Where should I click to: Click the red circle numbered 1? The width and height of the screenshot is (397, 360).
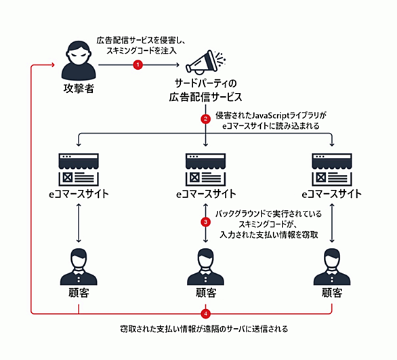[138, 65]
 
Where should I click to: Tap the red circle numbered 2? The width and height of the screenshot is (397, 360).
[205, 119]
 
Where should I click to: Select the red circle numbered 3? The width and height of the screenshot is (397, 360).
[205, 222]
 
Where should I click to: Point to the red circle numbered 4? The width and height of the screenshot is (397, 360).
[205, 314]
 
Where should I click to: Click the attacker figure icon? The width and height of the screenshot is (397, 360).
[79, 60]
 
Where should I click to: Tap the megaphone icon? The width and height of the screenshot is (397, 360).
[205, 62]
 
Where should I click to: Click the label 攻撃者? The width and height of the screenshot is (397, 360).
[79, 88]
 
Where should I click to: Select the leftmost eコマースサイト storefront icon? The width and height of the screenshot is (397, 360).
[79, 169]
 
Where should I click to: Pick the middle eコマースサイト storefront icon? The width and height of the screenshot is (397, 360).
[205, 169]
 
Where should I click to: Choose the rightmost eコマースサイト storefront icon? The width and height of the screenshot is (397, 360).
[332, 169]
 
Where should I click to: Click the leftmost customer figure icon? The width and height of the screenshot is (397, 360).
[79, 266]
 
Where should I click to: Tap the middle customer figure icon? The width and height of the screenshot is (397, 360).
[205, 266]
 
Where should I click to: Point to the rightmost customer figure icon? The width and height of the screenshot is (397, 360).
[332, 266]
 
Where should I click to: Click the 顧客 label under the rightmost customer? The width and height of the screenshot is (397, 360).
[332, 293]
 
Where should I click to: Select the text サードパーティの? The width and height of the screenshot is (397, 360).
[205, 83]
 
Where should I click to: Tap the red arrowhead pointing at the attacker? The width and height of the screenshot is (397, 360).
[53, 65]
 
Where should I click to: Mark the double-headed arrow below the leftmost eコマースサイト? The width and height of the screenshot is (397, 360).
[79, 223]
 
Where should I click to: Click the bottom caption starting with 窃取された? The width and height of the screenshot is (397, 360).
[204, 329]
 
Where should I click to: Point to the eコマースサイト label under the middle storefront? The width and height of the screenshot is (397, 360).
[206, 194]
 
